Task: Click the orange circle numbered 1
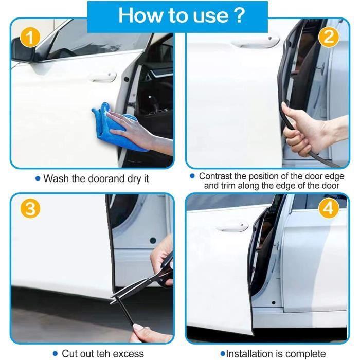(30, 38)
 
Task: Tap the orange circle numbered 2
(329, 37)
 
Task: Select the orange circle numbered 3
(30, 209)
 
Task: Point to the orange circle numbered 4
(329, 208)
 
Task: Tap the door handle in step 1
(103, 77)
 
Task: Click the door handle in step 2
(255, 42)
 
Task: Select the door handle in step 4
(232, 227)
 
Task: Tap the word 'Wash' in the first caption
(56, 178)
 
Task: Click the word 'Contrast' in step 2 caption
(215, 176)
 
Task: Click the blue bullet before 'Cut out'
(55, 354)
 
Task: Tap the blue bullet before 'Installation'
(223, 353)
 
